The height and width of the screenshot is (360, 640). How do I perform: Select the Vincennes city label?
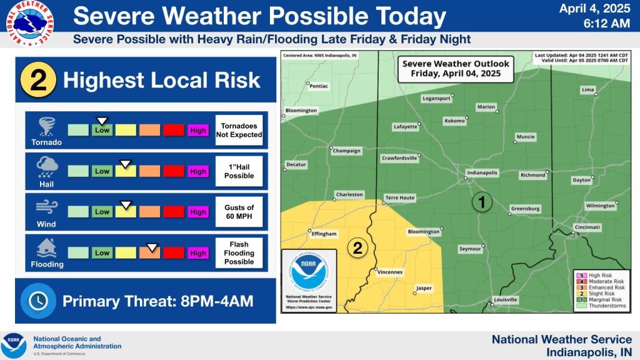(390, 272)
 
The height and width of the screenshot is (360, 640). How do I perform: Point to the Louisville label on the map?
(505, 300)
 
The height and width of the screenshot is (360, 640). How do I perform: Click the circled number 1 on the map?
(481, 202)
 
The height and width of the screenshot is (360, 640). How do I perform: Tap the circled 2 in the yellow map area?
(357, 248)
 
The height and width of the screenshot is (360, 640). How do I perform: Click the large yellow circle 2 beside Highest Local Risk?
(39, 80)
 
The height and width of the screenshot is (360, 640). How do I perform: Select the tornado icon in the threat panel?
(46, 127)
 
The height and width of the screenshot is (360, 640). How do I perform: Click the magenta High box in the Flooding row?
(198, 253)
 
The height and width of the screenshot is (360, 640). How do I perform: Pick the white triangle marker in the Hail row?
(126, 164)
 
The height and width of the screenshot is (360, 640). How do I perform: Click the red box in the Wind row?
(174, 212)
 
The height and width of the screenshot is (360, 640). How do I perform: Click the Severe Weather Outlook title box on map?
(456, 68)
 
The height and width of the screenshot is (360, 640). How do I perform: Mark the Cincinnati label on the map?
(587, 227)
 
